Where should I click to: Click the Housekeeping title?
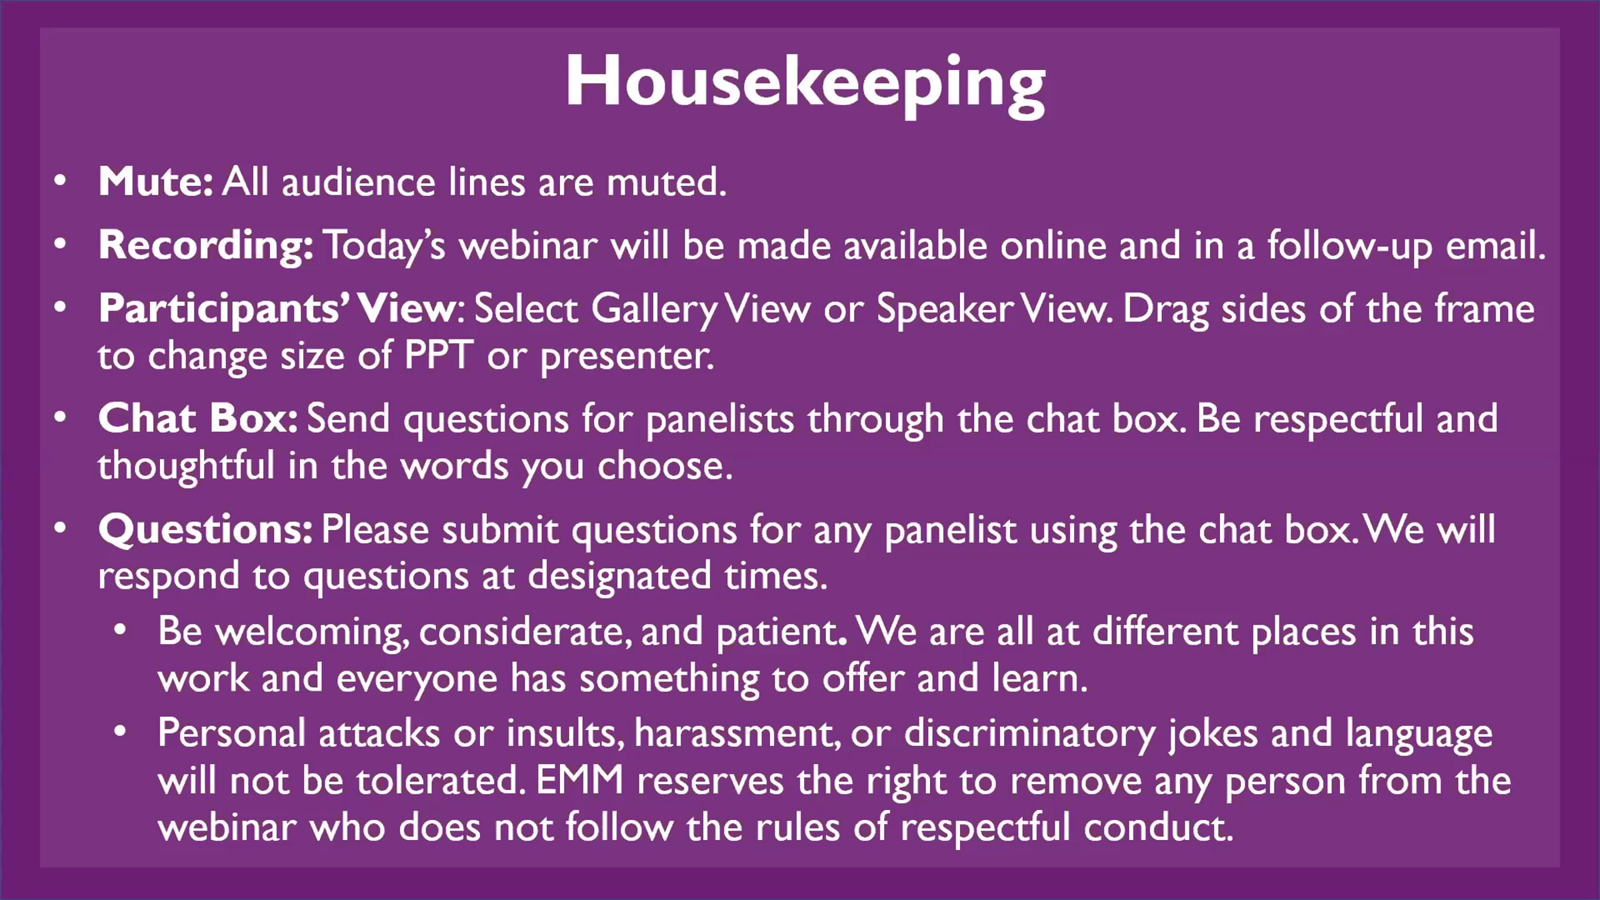point(805,85)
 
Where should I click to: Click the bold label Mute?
point(156,181)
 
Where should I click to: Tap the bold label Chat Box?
point(198,419)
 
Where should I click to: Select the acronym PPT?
point(439,356)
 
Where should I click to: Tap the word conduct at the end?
point(1159,827)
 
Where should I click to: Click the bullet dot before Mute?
point(61,181)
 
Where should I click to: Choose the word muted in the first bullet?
point(666,181)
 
